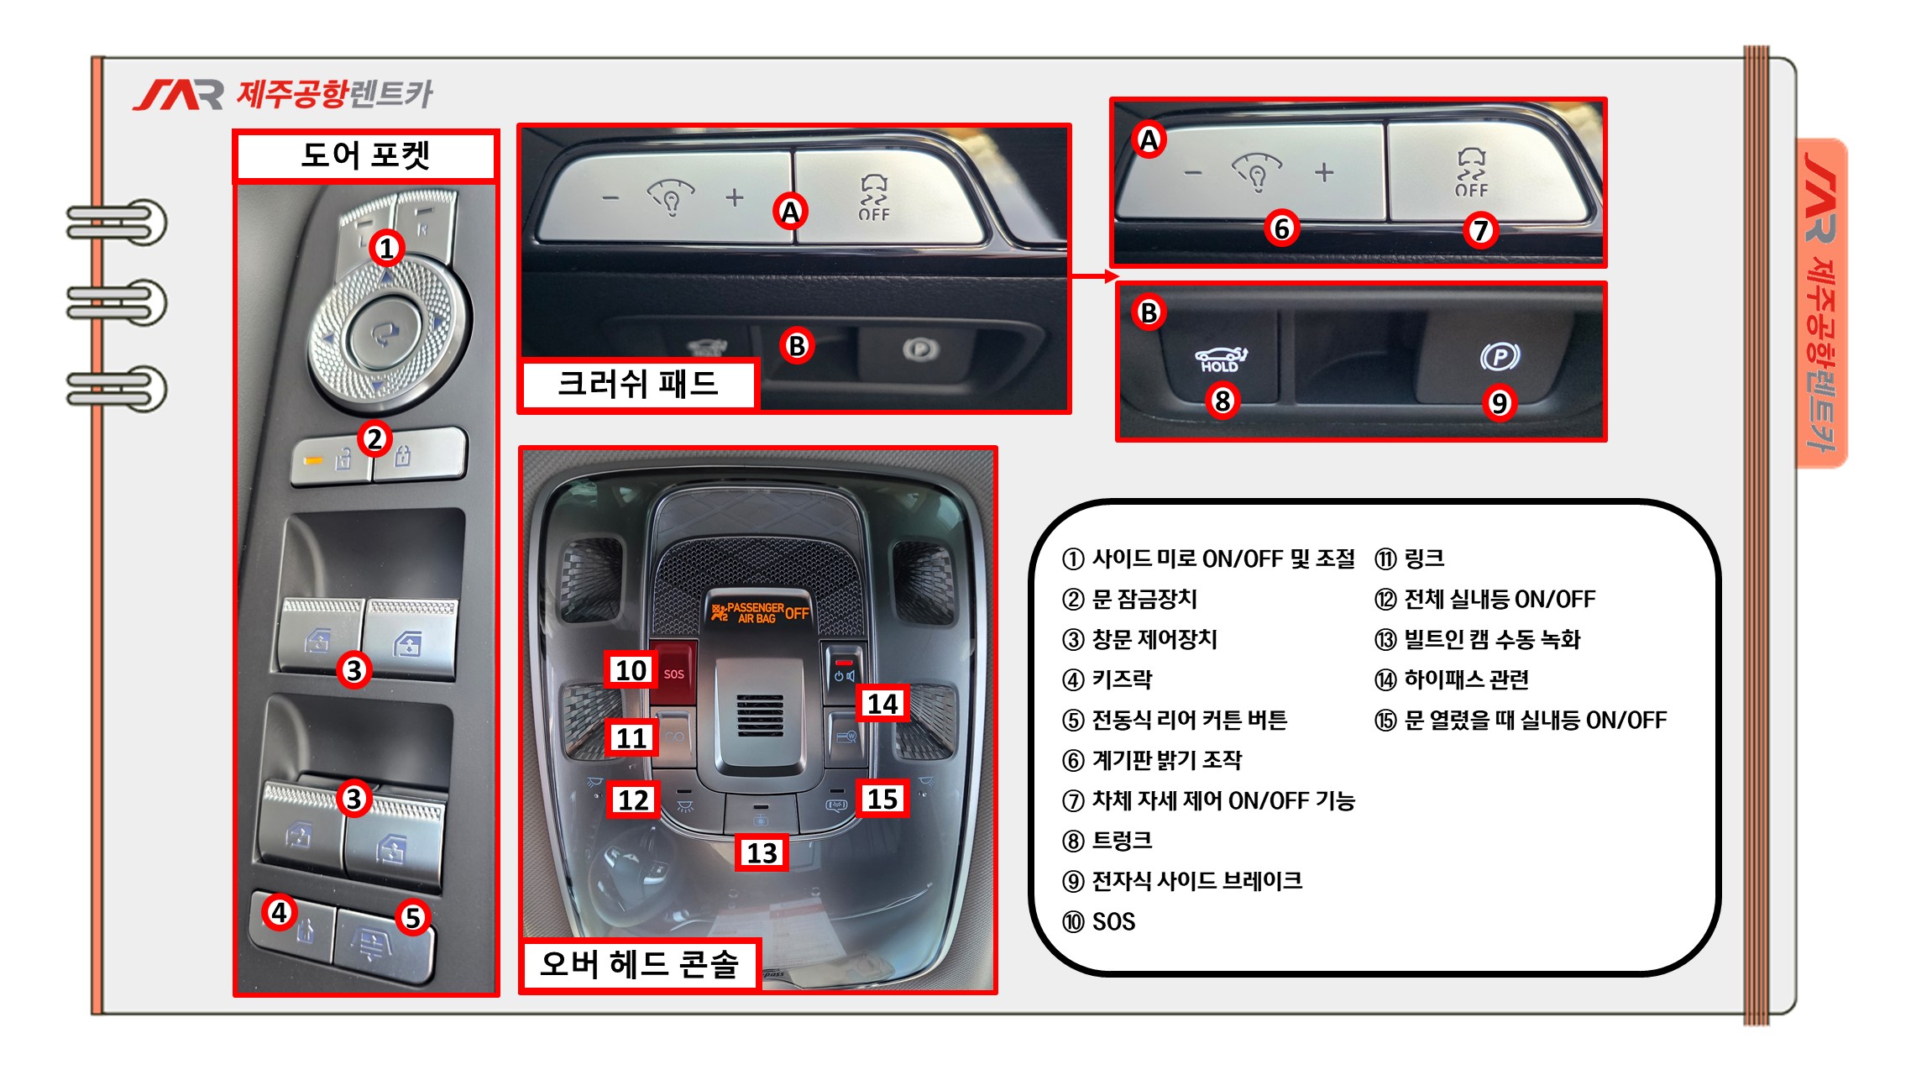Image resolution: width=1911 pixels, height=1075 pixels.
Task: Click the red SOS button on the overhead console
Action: tap(673, 672)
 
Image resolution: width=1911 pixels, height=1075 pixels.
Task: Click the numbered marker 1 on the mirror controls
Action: tap(386, 248)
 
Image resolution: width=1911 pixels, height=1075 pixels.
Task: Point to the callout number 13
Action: tap(762, 853)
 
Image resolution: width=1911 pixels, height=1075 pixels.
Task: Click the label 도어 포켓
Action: tap(365, 155)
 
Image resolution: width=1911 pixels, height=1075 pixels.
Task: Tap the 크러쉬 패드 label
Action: tap(638, 384)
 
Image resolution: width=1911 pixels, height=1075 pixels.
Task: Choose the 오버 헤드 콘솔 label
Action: tap(639, 963)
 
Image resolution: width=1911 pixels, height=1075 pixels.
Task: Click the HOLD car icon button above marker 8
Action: tap(1220, 359)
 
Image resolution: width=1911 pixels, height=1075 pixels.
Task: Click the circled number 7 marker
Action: tap(1480, 229)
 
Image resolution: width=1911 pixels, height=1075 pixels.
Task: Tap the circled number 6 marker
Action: tap(1281, 228)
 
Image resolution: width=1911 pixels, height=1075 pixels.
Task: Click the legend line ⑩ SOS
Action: tap(1099, 921)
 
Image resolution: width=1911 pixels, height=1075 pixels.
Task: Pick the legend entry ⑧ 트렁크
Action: tap(1107, 841)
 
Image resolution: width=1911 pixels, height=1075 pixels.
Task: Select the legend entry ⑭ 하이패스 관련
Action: tap(1452, 679)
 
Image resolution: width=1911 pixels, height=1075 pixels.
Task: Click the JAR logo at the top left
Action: tap(177, 95)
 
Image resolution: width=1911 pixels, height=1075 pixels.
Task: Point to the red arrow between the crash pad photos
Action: tap(1094, 276)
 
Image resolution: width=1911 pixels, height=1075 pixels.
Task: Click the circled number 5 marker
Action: tap(412, 917)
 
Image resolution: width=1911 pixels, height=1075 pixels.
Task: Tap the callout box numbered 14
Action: tap(882, 704)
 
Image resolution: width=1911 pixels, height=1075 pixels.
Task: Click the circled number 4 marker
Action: tap(280, 912)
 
